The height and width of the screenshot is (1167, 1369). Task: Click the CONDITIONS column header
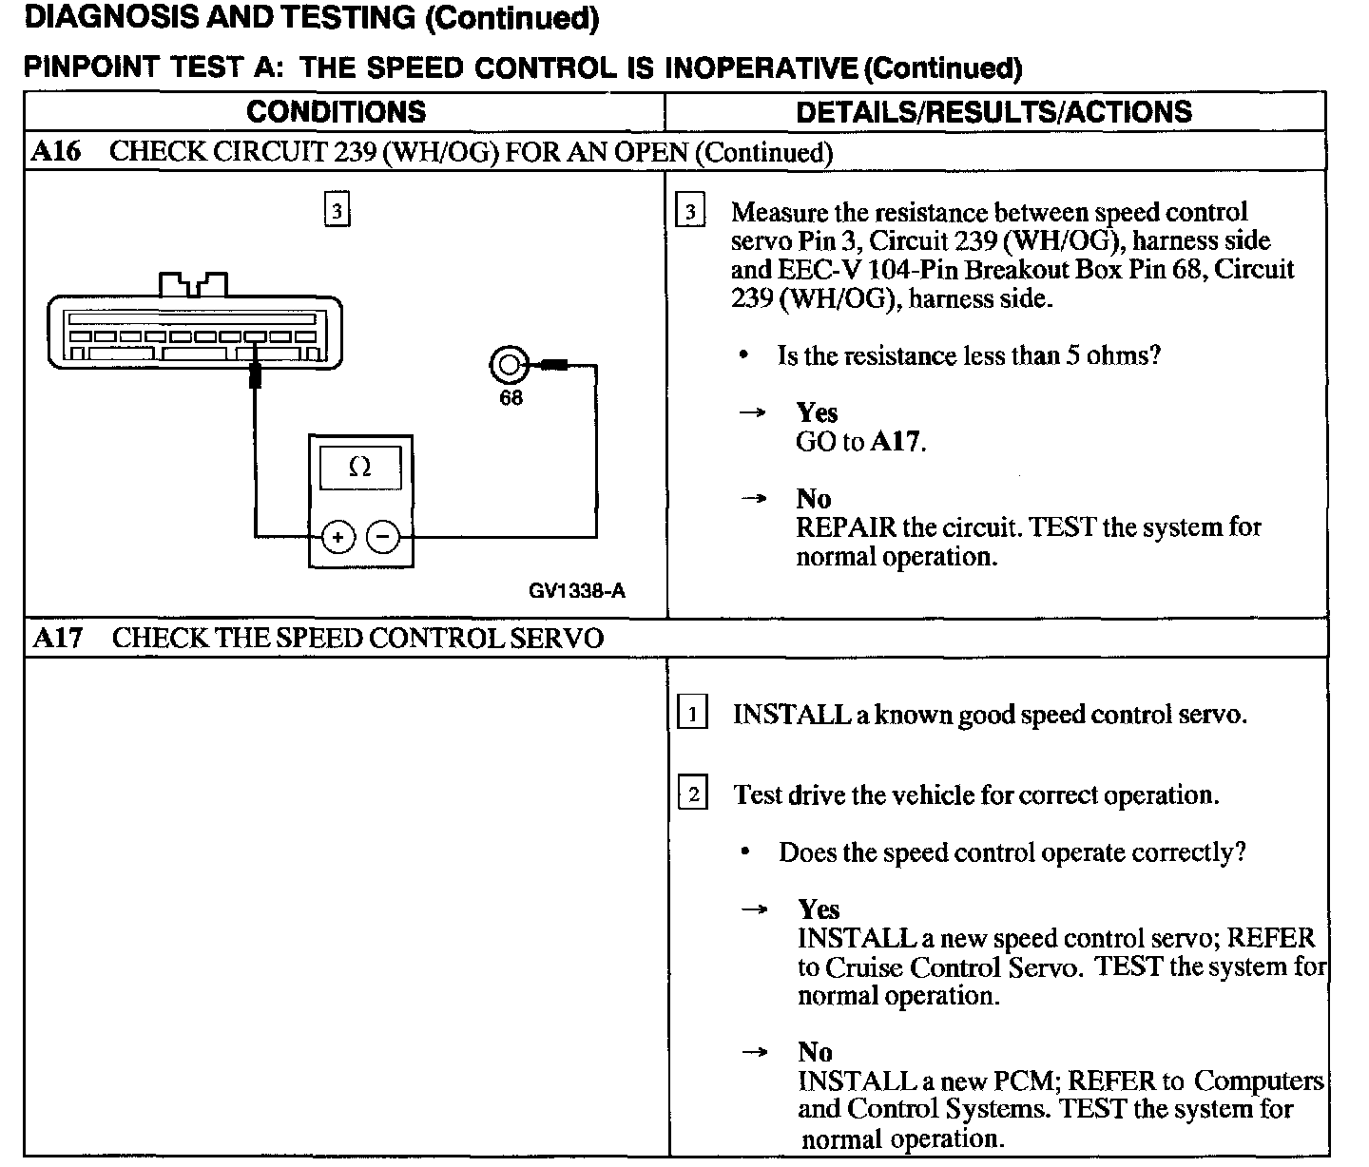pyautogui.click(x=336, y=112)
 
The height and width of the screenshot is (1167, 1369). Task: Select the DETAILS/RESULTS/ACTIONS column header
pyautogui.click(x=993, y=112)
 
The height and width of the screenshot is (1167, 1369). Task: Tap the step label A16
pyautogui.click(x=56, y=152)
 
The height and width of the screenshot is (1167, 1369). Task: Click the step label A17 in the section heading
pyautogui.click(x=57, y=638)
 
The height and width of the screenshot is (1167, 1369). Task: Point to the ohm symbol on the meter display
pyautogui.click(x=360, y=468)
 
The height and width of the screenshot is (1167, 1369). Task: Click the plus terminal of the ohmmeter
pyautogui.click(x=337, y=537)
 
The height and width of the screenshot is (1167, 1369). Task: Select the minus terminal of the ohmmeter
pyautogui.click(x=383, y=537)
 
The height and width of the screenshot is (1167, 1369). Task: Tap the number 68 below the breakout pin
pyautogui.click(x=511, y=398)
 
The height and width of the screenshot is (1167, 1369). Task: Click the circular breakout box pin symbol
pyautogui.click(x=509, y=365)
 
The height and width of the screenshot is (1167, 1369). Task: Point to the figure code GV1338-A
pyautogui.click(x=577, y=591)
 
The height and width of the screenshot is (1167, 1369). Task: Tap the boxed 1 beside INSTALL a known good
pyautogui.click(x=692, y=713)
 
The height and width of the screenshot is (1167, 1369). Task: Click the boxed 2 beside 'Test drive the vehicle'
pyautogui.click(x=692, y=794)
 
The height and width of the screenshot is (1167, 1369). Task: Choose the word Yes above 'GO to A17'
pyautogui.click(x=817, y=412)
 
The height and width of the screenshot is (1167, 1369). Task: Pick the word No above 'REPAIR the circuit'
pyautogui.click(x=814, y=499)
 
